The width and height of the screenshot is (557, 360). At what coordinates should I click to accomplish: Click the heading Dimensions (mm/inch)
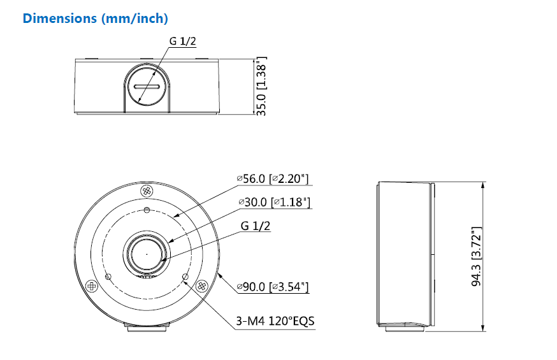(x=95, y=18)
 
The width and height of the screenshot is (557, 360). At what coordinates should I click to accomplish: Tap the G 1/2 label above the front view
(x=182, y=41)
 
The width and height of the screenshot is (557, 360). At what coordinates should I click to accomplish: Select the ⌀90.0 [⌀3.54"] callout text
(x=272, y=288)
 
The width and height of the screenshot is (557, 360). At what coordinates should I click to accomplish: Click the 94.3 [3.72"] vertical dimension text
(x=476, y=256)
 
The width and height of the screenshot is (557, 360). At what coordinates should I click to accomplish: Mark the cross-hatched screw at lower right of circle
(x=202, y=285)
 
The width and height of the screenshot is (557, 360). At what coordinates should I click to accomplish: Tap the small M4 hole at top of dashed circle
(x=147, y=211)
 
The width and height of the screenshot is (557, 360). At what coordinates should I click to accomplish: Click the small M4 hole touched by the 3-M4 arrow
(x=185, y=277)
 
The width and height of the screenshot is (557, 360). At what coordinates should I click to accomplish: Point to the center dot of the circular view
(x=147, y=254)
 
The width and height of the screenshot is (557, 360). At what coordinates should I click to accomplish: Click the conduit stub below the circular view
(x=147, y=329)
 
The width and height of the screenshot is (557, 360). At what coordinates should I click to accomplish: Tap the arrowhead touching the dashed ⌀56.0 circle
(x=177, y=216)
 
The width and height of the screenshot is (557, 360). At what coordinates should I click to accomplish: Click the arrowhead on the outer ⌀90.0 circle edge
(x=219, y=276)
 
